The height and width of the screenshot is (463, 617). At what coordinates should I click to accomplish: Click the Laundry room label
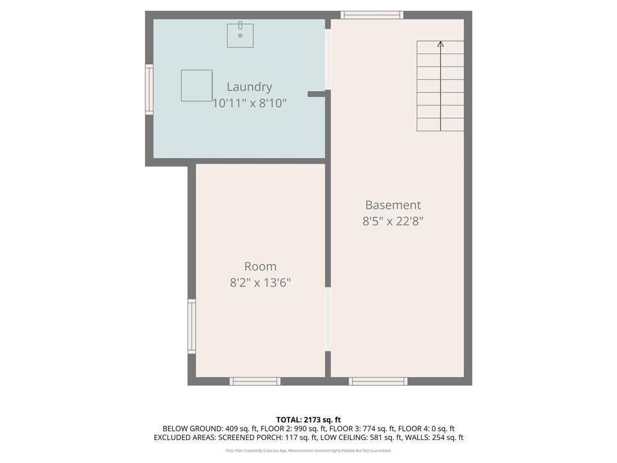[x=249, y=87]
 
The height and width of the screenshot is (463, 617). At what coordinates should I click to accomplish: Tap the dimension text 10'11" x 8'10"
[x=249, y=103]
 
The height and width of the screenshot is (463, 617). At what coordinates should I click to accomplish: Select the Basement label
[x=393, y=205]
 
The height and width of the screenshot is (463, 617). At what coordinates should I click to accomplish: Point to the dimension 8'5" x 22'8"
[x=393, y=221]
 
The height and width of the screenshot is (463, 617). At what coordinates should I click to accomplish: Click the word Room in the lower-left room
[x=260, y=266]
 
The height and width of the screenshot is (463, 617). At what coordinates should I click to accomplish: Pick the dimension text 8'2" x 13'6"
[x=260, y=282]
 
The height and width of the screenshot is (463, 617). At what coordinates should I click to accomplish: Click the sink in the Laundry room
[x=240, y=35]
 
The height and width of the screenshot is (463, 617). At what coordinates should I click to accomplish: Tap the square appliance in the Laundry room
[x=196, y=86]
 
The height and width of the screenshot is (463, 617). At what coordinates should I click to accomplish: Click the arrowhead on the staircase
[x=440, y=44]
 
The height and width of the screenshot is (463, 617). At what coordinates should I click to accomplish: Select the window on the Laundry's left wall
[x=149, y=89]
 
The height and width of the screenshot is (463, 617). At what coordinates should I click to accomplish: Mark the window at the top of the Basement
[x=372, y=15]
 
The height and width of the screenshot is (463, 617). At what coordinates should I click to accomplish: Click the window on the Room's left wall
[x=192, y=326]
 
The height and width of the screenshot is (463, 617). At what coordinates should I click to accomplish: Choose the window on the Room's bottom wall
[x=255, y=381]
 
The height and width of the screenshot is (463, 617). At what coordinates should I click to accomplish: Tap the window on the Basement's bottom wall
[x=378, y=381]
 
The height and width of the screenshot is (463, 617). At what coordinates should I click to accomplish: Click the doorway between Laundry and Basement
[x=328, y=59]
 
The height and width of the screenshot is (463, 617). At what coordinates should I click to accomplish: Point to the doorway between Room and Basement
[x=328, y=319]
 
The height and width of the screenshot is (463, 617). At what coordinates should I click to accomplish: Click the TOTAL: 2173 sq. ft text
[x=308, y=420]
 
